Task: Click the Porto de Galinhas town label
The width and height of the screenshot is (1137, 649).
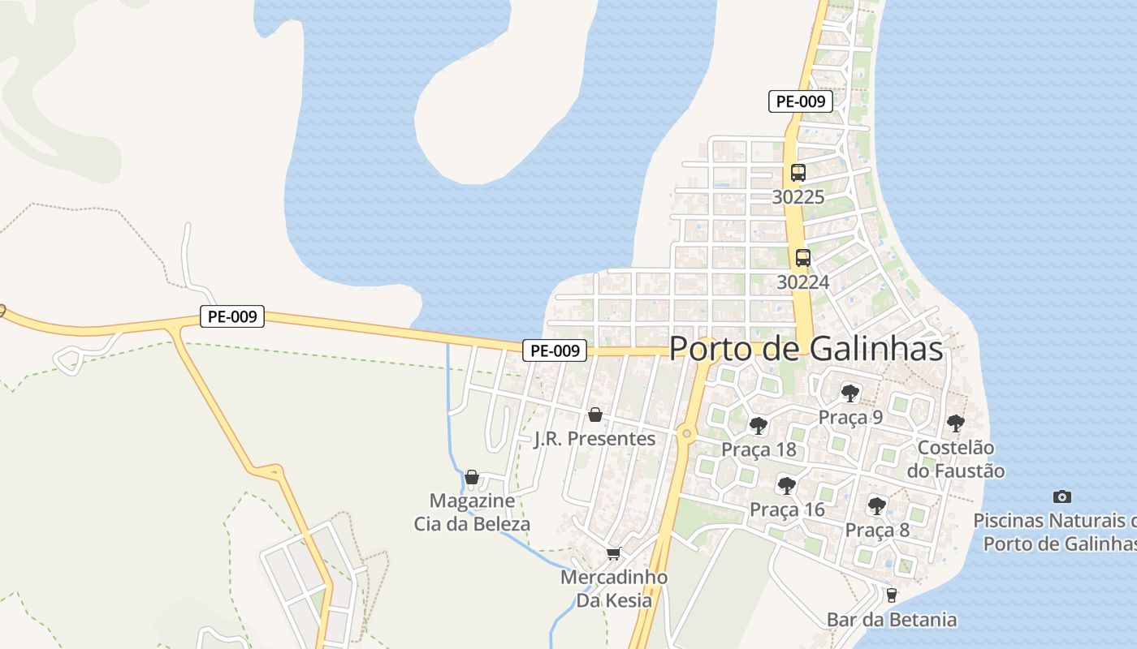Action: coord(806,349)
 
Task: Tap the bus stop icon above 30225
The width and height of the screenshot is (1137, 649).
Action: coord(798,173)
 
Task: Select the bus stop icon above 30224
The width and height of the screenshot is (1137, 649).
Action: coord(803,258)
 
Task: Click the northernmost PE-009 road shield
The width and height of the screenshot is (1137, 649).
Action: coord(801,101)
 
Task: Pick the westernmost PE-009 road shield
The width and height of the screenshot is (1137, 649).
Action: coord(232,316)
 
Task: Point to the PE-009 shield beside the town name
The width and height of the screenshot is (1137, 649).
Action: coord(554,350)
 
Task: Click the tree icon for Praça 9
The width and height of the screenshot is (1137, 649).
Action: coord(850,393)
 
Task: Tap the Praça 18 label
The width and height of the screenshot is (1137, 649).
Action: coord(759,449)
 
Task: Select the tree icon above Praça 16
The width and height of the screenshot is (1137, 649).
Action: coord(786,486)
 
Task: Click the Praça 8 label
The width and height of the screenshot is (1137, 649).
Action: coord(877,531)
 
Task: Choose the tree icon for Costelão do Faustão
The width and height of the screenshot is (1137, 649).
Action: coord(955,423)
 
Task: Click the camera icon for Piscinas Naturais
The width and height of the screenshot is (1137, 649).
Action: coord(1061,496)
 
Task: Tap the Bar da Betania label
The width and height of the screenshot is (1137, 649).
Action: coord(892,620)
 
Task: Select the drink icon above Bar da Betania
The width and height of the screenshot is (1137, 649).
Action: coord(892,595)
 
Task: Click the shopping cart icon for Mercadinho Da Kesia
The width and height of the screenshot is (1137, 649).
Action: coord(613,554)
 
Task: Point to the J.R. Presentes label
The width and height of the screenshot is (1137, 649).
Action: coord(594,439)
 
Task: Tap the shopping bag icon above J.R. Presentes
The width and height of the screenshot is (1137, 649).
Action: coord(595,415)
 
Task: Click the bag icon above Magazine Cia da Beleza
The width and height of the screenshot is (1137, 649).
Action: coord(472,477)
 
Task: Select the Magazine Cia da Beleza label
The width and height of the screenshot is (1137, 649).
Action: coord(472,512)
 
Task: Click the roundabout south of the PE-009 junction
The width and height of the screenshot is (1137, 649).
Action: coord(687,434)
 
